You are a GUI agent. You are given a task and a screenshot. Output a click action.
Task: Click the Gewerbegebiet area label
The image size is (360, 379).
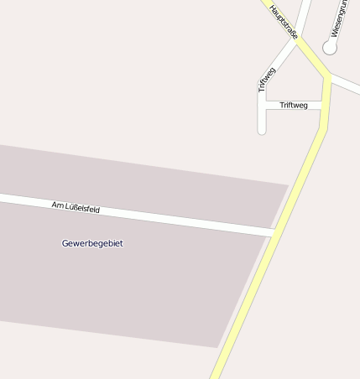click(92, 243)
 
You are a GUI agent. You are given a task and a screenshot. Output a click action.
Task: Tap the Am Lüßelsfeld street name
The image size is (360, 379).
click(76, 207)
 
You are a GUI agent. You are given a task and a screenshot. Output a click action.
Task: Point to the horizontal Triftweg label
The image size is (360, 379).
click(294, 105)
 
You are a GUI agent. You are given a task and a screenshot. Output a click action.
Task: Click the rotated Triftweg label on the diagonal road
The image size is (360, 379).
click(267, 79)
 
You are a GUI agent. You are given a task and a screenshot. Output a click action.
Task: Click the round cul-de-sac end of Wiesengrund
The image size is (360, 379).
click(330, 48)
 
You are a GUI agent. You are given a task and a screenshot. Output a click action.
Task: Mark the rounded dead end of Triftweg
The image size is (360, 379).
click(262, 129)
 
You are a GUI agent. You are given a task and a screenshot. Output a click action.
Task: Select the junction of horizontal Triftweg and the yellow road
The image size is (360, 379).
click(324, 106)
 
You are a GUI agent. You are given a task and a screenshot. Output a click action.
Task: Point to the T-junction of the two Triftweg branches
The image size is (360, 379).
click(262, 106)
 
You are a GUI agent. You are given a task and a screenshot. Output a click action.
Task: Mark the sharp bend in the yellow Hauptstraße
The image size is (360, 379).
click(327, 77)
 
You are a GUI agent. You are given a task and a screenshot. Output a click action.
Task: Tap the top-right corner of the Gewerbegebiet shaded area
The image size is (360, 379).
click(288, 185)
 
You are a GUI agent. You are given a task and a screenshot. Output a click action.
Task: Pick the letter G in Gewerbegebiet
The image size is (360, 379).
click(65, 243)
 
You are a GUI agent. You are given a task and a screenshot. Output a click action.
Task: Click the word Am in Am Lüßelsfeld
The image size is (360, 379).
click(57, 205)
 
